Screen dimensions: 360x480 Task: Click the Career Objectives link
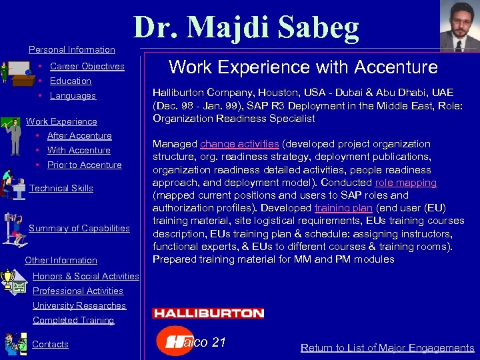click(87, 67)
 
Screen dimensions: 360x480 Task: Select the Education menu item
click(70, 81)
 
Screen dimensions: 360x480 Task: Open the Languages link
click(73, 96)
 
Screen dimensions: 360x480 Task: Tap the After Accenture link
click(79, 136)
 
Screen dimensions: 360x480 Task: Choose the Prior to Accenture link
click(84, 165)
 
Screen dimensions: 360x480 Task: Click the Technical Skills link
click(61, 189)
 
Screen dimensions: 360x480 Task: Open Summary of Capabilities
click(79, 229)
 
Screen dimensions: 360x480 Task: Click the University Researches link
click(79, 306)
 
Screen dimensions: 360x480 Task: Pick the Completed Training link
click(73, 321)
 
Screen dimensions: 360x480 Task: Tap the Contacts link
click(51, 345)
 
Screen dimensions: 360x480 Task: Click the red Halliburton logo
click(208, 313)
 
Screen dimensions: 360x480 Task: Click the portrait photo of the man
click(459, 26)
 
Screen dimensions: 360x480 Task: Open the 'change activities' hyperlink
click(239, 144)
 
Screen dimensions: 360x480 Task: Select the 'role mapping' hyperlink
click(405, 183)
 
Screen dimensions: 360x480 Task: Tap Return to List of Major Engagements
click(387, 348)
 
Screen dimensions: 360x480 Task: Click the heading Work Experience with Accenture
click(303, 67)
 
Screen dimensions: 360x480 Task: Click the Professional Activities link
click(78, 291)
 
